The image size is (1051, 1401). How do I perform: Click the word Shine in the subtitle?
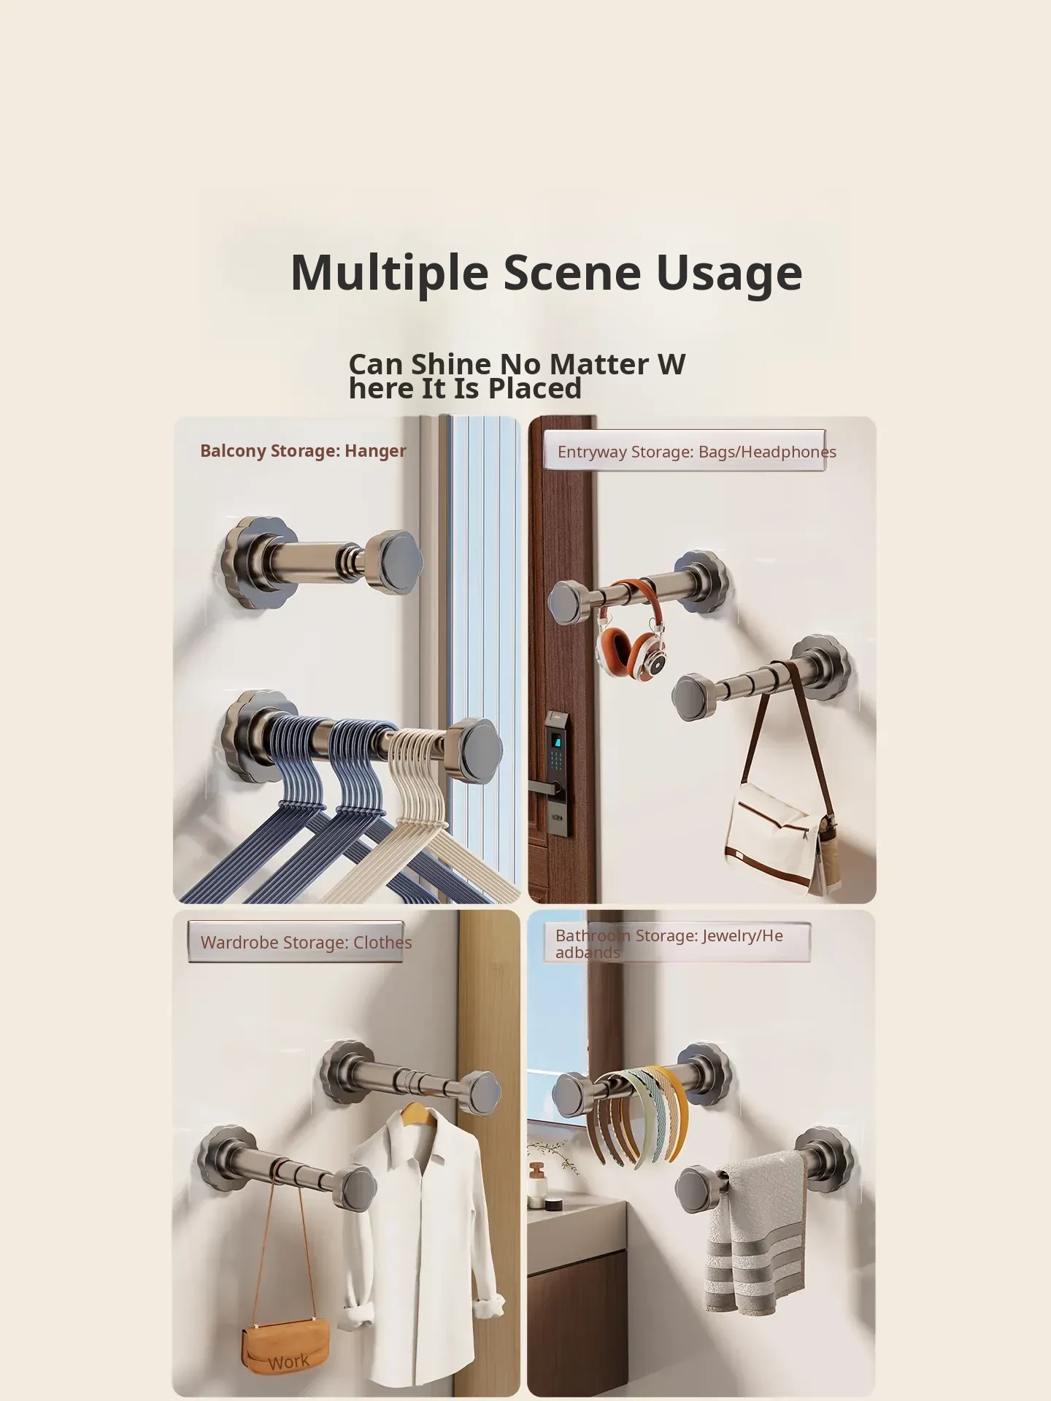(451, 364)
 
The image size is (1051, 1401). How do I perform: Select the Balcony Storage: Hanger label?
(303, 451)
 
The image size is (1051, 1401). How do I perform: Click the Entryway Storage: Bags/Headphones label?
(697, 452)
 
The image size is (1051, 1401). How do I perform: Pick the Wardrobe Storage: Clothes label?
(306, 942)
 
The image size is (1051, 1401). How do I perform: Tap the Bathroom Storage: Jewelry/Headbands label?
(669, 943)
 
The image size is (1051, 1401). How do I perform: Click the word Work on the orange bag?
(288, 1362)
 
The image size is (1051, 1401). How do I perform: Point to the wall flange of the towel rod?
(824, 1159)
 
